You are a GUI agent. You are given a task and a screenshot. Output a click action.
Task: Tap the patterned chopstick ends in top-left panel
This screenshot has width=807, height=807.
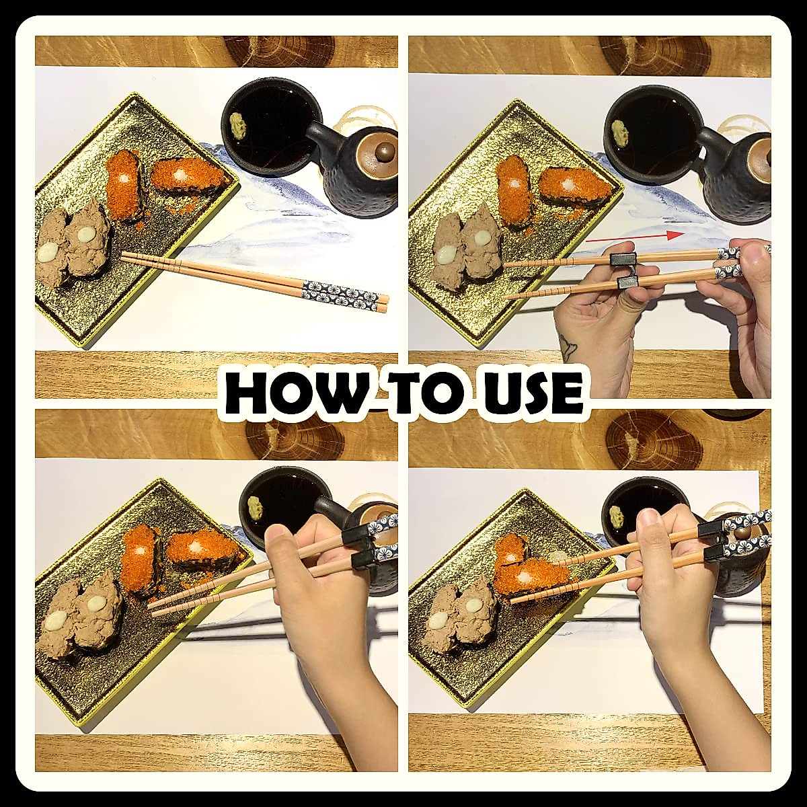pyautogui.click(x=340, y=291)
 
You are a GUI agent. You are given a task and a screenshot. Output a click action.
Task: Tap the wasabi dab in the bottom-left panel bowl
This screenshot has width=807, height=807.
pyautogui.click(x=254, y=507)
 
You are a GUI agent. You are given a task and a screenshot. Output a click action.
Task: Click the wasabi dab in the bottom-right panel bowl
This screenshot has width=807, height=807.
pyautogui.click(x=616, y=516)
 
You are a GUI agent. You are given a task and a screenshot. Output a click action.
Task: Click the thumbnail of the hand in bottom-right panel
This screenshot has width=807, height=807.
pyautogui.click(x=648, y=518)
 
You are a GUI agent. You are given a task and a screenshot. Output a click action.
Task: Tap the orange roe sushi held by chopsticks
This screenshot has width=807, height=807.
pyautogui.click(x=531, y=576)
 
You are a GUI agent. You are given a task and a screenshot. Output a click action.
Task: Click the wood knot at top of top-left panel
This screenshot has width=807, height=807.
pyautogui.click(x=278, y=50)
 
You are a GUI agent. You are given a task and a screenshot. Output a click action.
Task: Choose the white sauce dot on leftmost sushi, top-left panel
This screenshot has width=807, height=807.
pyautogui.click(x=48, y=253)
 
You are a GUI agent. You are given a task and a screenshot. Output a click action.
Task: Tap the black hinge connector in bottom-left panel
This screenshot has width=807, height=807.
pyautogui.click(x=360, y=545)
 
